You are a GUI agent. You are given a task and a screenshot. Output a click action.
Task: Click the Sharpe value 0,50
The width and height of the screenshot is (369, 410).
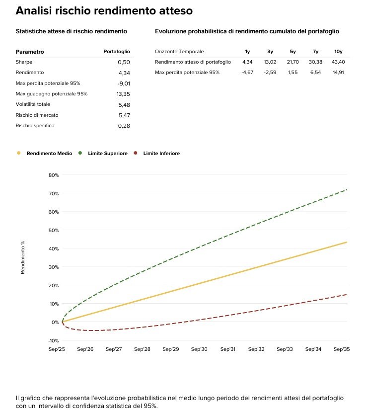pos(124,62)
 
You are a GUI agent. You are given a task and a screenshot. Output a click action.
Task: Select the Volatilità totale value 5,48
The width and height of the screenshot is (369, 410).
pos(124,104)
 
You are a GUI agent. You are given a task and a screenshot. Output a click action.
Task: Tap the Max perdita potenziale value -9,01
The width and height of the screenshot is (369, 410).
pos(122,83)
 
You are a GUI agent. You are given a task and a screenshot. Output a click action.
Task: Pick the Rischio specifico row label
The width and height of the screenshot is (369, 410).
pos(35,126)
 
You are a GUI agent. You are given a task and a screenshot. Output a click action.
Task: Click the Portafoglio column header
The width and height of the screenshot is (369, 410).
pos(117,52)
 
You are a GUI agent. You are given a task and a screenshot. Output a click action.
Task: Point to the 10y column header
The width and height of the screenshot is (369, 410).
pos(339,52)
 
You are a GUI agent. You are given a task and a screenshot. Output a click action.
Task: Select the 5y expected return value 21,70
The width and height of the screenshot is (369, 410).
pos(293,62)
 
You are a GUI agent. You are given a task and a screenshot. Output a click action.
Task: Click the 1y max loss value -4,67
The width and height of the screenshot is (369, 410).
pos(247,73)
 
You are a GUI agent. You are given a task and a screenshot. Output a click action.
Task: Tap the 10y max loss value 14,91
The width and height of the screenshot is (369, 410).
pos(338,73)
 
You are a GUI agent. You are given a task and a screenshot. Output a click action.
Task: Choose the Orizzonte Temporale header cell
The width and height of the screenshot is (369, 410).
pos(179,52)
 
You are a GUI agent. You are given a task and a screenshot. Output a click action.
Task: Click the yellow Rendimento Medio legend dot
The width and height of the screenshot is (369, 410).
pos(19,153)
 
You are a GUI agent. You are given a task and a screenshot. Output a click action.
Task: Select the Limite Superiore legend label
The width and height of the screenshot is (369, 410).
pos(107,154)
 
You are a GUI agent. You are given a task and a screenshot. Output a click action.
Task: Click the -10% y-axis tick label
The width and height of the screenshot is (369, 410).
pos(53,340)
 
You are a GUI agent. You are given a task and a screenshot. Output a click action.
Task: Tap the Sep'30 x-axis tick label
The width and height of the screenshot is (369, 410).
pos(200,349)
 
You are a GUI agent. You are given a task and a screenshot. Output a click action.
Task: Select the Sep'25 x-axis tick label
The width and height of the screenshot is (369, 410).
pos(57,349)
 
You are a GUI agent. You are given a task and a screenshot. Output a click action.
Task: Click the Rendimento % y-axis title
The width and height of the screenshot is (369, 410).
pos(23,257)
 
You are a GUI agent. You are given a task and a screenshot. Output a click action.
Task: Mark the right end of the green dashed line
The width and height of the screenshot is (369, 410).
pos(347,190)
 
